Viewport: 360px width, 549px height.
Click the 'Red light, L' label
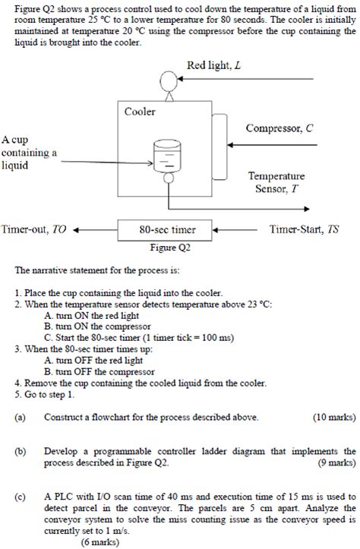coord(213,65)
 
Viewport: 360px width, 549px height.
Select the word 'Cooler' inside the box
coord(140,112)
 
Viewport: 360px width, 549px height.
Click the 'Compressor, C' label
coord(279,128)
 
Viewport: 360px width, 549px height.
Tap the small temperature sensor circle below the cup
coord(166,177)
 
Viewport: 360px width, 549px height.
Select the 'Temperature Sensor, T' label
coord(276,182)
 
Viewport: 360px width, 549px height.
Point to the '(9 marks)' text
coord(336,462)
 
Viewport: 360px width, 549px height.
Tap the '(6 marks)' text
coord(103,542)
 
